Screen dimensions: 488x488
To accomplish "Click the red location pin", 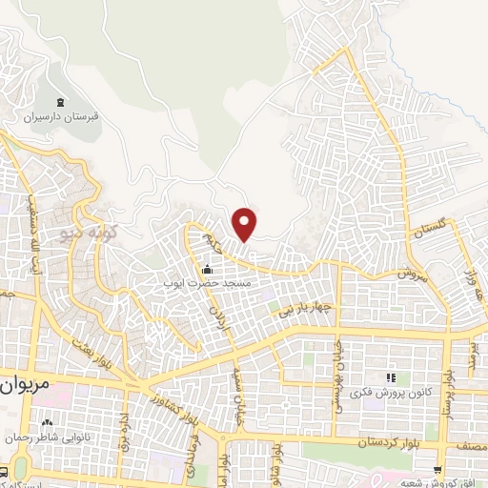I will pos(245,223).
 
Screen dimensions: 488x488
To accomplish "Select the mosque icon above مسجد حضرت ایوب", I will pos(209,269).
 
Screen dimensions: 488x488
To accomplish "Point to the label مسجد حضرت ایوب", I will pos(209,283).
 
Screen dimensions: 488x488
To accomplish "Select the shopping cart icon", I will pos(437,469).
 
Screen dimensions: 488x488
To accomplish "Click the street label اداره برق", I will pos(122,432).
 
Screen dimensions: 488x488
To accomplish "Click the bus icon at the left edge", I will pos(4,472).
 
